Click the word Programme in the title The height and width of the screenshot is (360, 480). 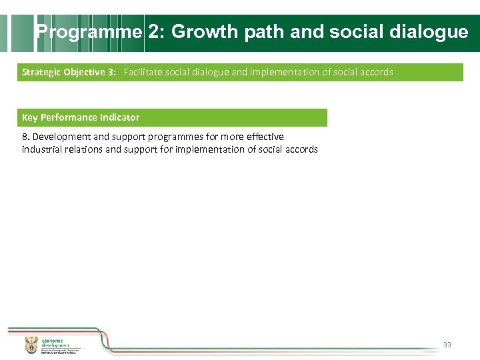89,32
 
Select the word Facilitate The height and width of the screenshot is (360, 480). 143,72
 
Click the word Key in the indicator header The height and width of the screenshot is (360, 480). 30,117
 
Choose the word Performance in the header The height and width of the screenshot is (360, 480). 69,117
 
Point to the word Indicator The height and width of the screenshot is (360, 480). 120,117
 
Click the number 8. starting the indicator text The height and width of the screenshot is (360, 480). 26,137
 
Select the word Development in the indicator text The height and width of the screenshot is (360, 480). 60,137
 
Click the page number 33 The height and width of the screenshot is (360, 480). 447,345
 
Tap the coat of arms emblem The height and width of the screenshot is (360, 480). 31,345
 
